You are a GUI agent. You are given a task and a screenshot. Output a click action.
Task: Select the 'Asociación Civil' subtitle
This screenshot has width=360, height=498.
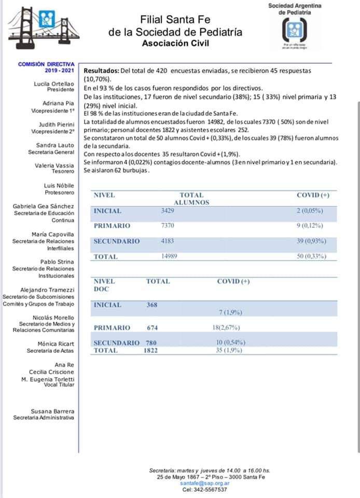point(175,43)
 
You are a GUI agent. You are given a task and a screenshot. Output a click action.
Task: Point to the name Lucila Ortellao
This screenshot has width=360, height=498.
point(54,83)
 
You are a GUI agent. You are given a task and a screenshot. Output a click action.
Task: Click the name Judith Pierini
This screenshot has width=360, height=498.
point(57,125)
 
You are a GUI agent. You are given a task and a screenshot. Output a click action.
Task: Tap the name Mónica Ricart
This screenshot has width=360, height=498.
point(56,344)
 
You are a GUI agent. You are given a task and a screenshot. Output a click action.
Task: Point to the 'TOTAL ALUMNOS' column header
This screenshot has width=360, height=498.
point(191,199)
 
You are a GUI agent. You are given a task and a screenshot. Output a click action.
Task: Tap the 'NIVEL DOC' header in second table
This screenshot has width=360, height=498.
point(104,285)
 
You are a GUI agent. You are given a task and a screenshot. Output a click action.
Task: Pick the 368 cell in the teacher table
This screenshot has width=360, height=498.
point(151,305)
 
